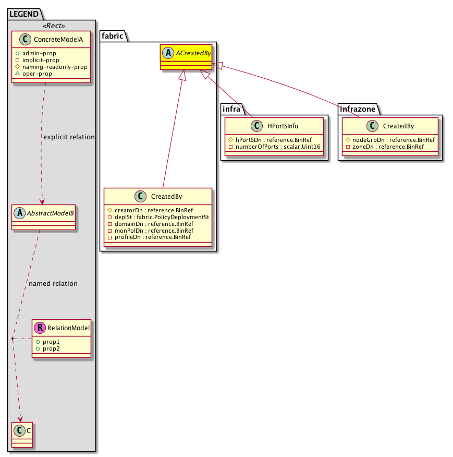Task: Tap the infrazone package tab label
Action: pos(357,109)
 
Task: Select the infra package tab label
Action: pos(230,109)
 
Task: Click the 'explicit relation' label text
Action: pos(69,137)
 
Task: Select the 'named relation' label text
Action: pos(53,284)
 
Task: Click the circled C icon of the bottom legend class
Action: pos(19,431)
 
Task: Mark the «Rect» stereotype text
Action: pos(52,26)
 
